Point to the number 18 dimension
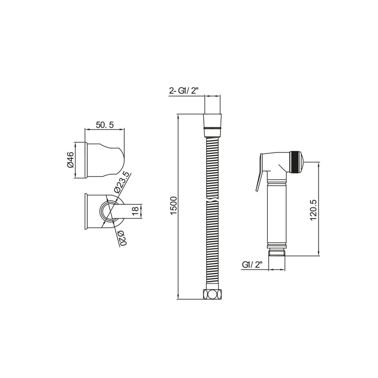(134, 211)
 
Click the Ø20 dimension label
(121, 237)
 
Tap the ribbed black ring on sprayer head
(294, 160)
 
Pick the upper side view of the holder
(103, 160)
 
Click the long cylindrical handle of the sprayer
(276, 211)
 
